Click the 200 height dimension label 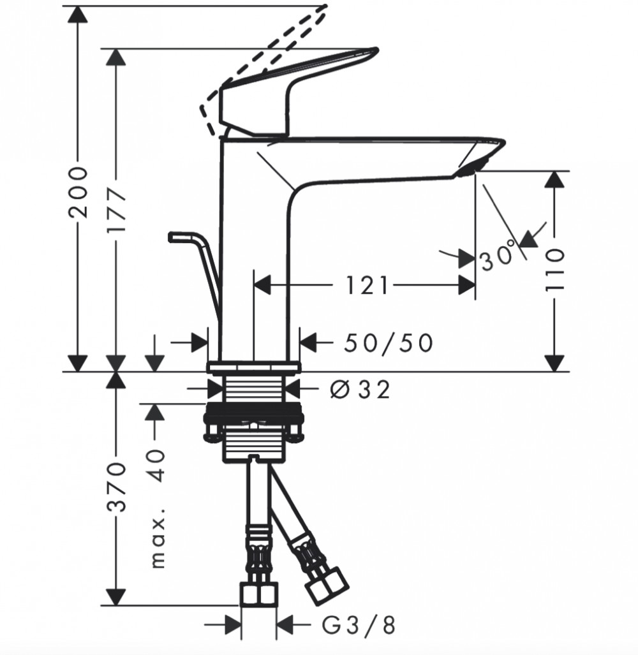[x=78, y=192]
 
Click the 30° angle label [x=498, y=255]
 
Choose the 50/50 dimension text [x=388, y=343]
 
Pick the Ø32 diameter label [x=360, y=390]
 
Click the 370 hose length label [x=115, y=487]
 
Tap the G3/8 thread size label [x=359, y=626]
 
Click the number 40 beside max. [x=156, y=466]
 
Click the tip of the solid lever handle [x=376, y=50]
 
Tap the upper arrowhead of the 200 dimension [x=78, y=15]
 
